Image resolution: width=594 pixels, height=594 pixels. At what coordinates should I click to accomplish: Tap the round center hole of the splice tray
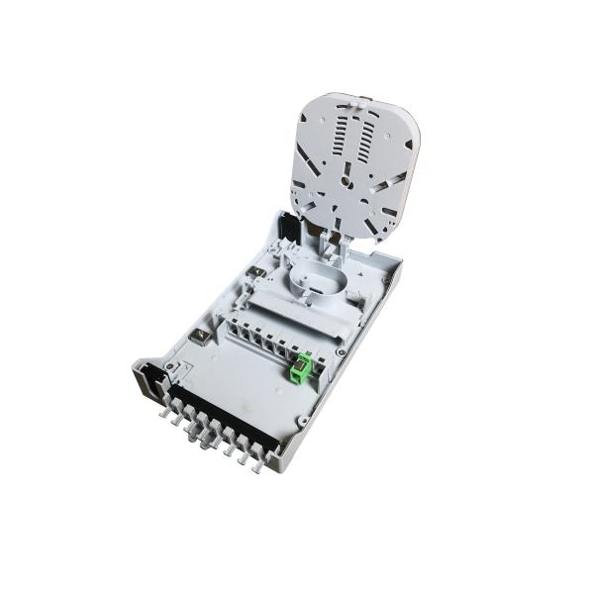tap(346, 179)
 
